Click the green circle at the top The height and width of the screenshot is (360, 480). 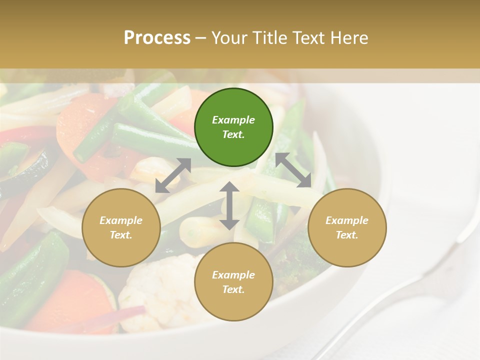(233, 127)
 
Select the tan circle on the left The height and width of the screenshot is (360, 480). (121, 227)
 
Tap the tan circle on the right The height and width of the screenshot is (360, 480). (347, 227)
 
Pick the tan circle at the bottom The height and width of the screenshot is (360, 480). (233, 282)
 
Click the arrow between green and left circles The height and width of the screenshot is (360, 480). (173, 175)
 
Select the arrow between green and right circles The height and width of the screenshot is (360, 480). (293, 170)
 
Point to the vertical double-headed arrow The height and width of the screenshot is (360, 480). (229, 205)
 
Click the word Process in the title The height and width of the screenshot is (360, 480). (157, 37)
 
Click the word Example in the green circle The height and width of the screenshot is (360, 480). (233, 120)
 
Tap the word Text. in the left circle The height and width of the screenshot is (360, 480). (121, 235)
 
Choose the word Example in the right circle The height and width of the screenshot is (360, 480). (347, 220)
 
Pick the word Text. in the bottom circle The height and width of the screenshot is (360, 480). (233, 289)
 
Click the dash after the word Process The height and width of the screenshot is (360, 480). (201, 38)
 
